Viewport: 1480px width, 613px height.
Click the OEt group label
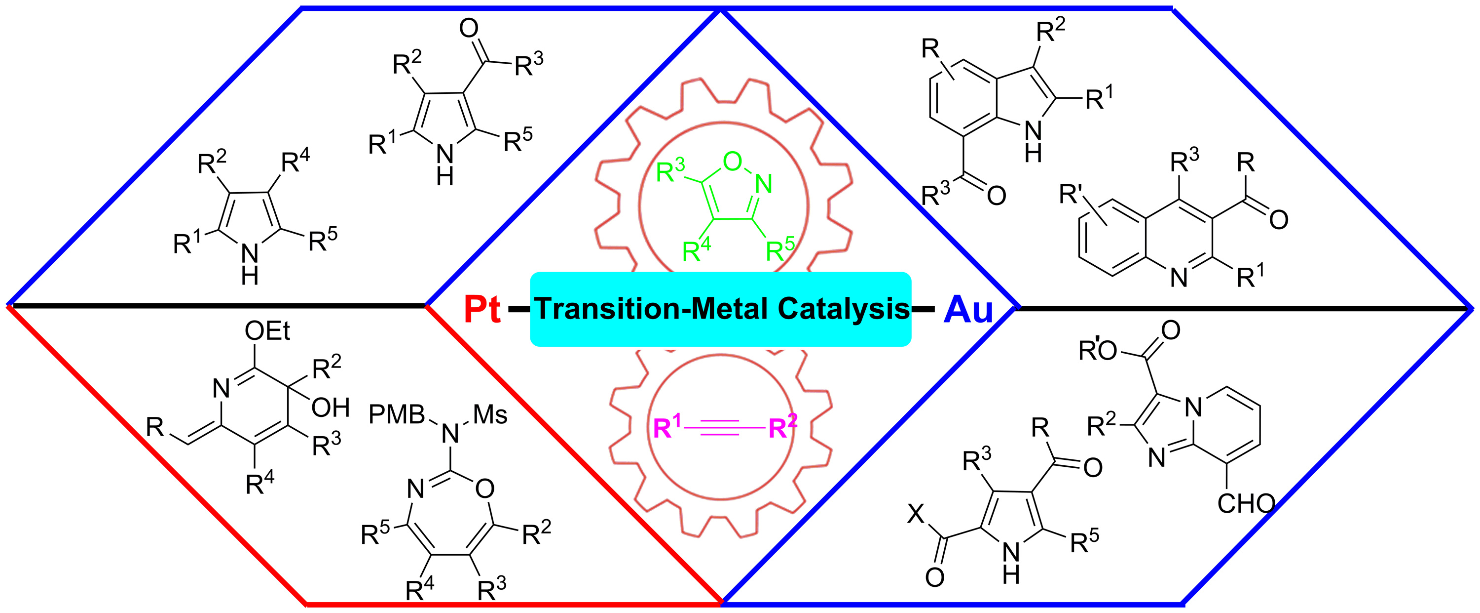point(267,331)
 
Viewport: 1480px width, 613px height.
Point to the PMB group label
point(397,414)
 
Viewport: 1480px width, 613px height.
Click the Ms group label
point(490,414)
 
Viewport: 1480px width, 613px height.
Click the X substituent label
point(916,514)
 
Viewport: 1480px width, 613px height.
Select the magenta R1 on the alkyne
point(667,428)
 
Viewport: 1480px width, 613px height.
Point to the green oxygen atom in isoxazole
point(733,162)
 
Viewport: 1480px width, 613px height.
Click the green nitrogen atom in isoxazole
point(763,184)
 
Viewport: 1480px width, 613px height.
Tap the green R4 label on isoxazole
point(696,250)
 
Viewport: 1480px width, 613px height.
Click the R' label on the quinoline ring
point(1072,194)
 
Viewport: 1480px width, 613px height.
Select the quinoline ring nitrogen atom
point(1179,278)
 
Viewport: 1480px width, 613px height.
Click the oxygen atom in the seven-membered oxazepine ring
point(484,489)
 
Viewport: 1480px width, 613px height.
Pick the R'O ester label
point(1097,350)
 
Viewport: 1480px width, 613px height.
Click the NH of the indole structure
point(1033,141)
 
